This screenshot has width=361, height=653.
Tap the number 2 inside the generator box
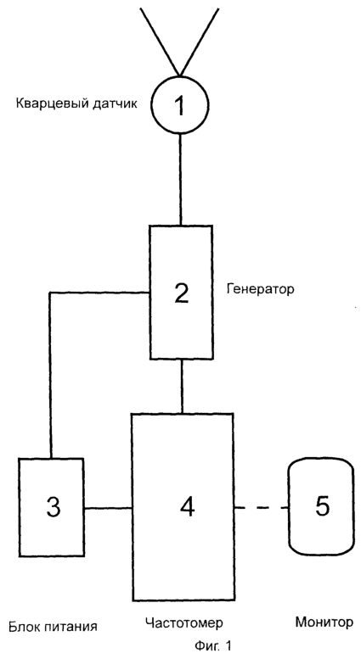181,293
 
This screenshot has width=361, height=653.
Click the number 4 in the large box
187,508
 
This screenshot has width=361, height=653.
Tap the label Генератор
260,288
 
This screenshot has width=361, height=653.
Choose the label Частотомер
184,623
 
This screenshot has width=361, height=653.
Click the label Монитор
324,622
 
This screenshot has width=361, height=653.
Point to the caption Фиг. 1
212,645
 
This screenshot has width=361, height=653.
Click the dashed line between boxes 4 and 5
262,508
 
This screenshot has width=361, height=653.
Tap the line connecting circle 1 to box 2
180,180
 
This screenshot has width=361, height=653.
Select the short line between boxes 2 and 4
182,386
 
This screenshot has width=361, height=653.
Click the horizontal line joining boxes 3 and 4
108,508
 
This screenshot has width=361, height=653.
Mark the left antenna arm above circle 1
161,42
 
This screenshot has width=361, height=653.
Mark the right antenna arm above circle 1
200,42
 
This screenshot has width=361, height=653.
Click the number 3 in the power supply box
54,508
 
